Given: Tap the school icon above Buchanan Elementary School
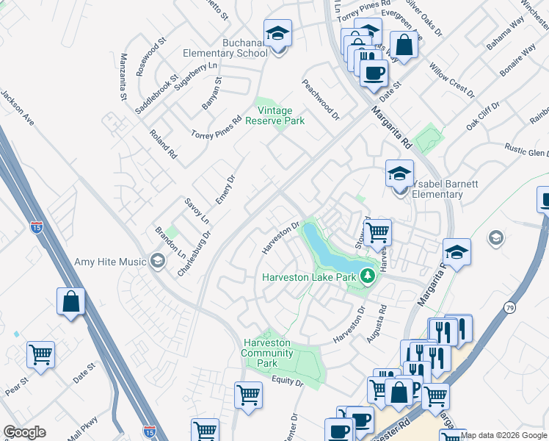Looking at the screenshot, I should [x=277, y=34].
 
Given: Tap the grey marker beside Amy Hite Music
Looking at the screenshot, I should [x=157, y=261].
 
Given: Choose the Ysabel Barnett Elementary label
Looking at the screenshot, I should [x=437, y=190].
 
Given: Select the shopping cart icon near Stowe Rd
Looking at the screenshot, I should [x=377, y=232].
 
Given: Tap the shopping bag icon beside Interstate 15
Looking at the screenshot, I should [x=70, y=302].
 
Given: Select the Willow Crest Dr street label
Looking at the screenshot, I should [x=451, y=81].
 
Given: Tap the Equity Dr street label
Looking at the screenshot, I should [x=287, y=381].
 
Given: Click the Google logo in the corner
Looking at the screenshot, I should [x=24, y=432].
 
